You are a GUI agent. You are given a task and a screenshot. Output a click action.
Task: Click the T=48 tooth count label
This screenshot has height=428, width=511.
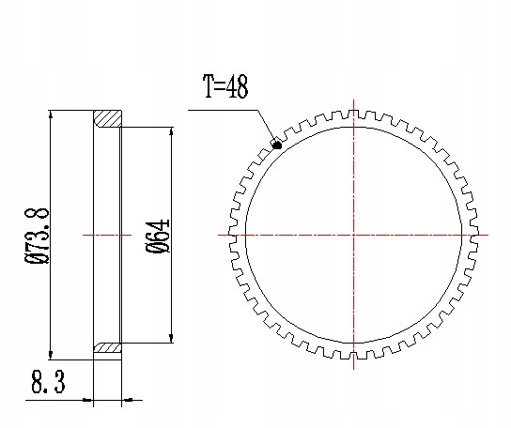[x=225, y=86]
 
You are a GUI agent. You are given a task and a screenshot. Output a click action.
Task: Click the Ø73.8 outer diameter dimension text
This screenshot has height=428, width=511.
[x=37, y=236]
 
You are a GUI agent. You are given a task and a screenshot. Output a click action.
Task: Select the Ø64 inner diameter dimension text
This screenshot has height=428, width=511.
[x=158, y=237]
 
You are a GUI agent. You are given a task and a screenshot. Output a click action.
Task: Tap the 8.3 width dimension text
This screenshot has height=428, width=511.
[x=48, y=381]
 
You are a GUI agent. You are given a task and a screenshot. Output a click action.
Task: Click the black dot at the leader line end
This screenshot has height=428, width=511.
[x=277, y=145]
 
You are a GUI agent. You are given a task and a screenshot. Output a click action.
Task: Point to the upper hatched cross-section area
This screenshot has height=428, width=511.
[x=108, y=118]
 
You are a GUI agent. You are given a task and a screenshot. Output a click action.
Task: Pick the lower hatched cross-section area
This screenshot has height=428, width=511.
[x=108, y=347]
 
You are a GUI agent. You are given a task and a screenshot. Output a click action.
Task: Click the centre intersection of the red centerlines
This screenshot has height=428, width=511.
[x=354, y=235]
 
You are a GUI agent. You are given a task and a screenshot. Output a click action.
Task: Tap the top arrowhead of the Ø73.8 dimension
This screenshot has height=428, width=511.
[x=50, y=115]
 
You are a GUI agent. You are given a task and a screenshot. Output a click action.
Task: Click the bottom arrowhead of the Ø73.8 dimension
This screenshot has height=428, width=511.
[x=50, y=355]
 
